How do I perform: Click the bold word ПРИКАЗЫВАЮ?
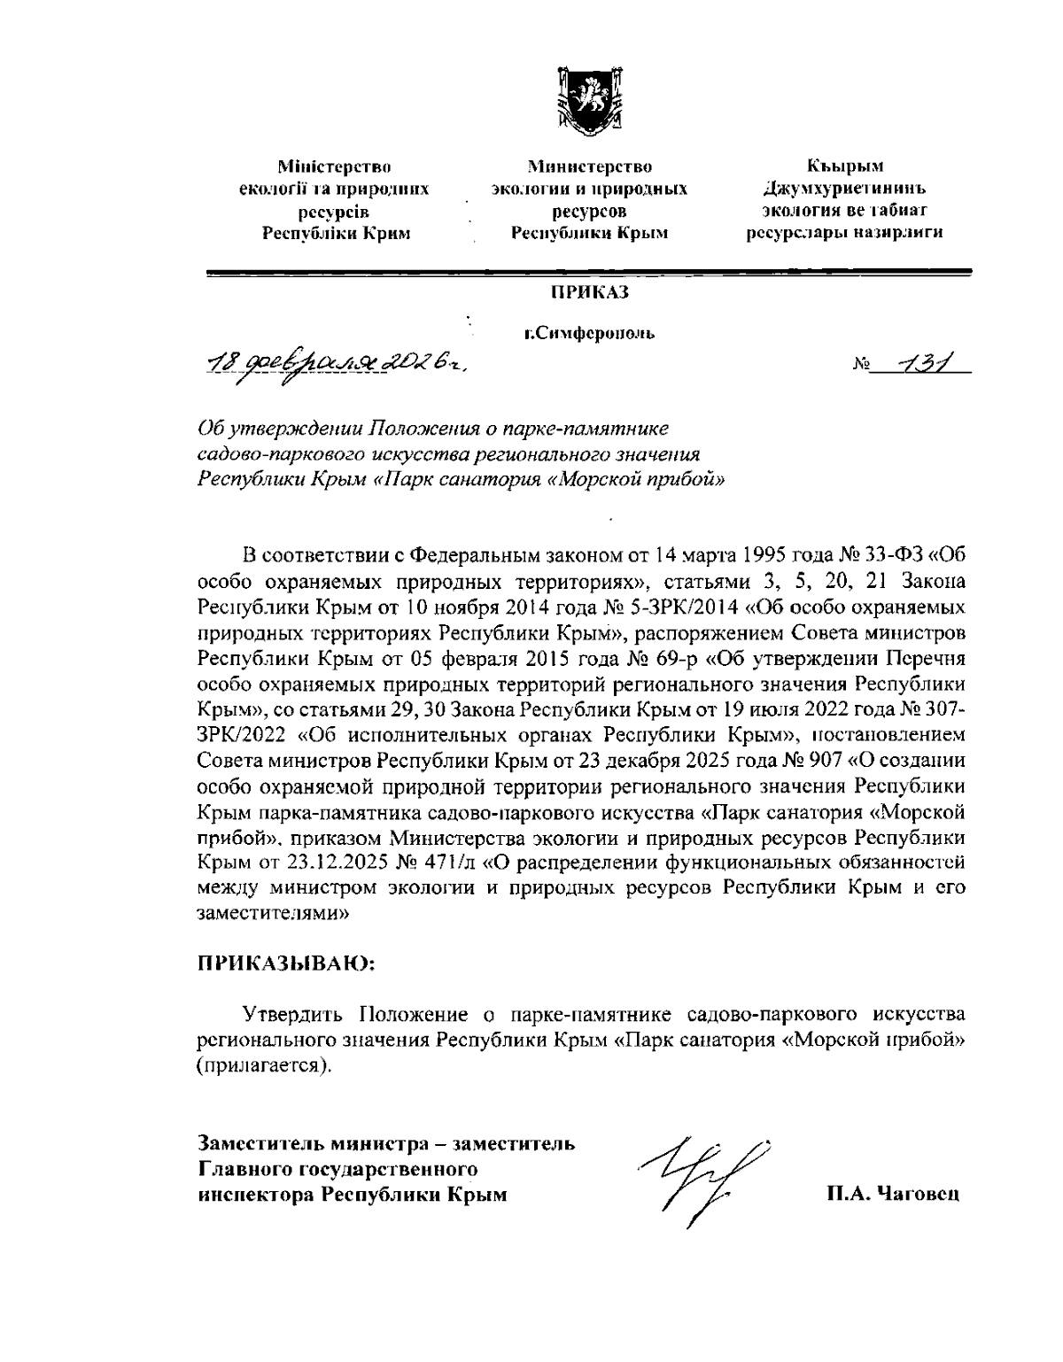286,964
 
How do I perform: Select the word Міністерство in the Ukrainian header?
335,166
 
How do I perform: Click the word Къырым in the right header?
844,166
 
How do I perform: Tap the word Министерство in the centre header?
589,166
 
